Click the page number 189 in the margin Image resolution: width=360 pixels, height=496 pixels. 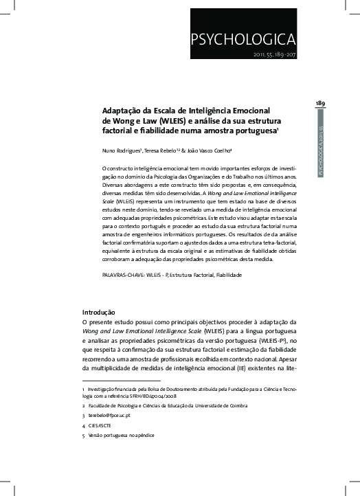pos(320,103)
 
